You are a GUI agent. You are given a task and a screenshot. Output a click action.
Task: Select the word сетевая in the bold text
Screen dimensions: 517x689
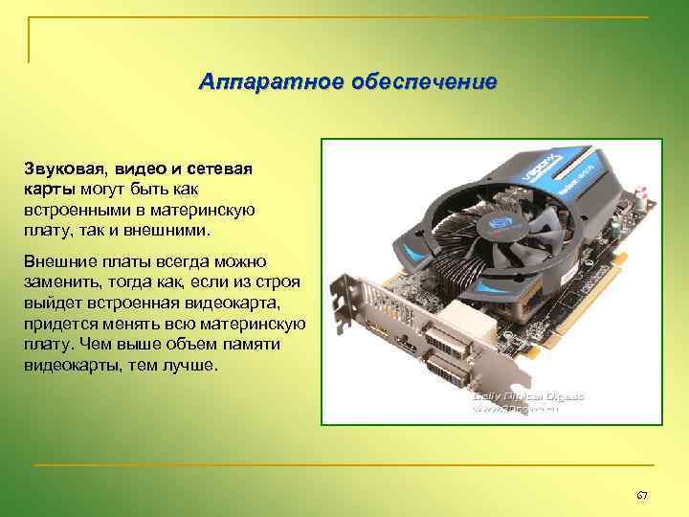[x=218, y=169]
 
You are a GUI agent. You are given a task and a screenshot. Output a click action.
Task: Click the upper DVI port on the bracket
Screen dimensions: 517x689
[x=446, y=339]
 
